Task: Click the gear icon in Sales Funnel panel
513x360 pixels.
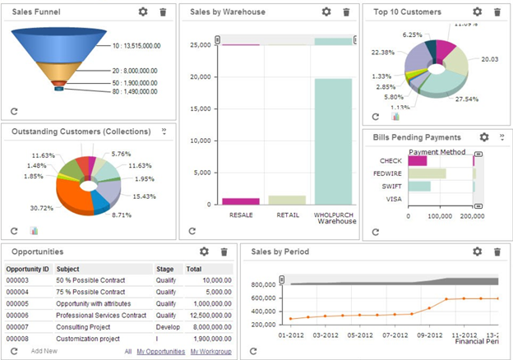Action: click(x=143, y=12)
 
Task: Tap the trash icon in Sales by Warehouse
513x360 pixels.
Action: click(x=346, y=12)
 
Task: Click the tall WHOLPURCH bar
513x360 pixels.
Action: click(x=333, y=141)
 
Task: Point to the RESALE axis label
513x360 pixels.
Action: click(x=241, y=215)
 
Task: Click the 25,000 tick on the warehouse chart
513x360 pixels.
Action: click(x=201, y=45)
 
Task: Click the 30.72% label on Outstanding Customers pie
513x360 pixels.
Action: click(x=41, y=208)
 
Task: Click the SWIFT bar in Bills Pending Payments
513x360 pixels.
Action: click(x=418, y=187)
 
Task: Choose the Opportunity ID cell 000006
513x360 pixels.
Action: click(x=17, y=315)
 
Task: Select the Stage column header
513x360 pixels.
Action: click(x=164, y=269)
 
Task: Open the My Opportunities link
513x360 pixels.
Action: click(x=160, y=352)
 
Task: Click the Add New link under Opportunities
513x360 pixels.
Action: click(x=44, y=352)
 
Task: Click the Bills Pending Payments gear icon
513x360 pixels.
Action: click(x=484, y=137)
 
